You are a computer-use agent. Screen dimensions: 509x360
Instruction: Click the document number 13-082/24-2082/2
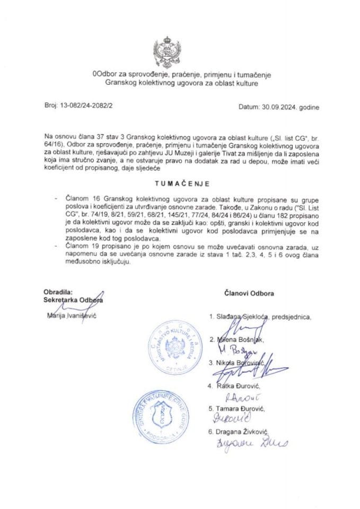(x=82, y=106)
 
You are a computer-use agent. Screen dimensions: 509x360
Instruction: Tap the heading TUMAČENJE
(x=179, y=184)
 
